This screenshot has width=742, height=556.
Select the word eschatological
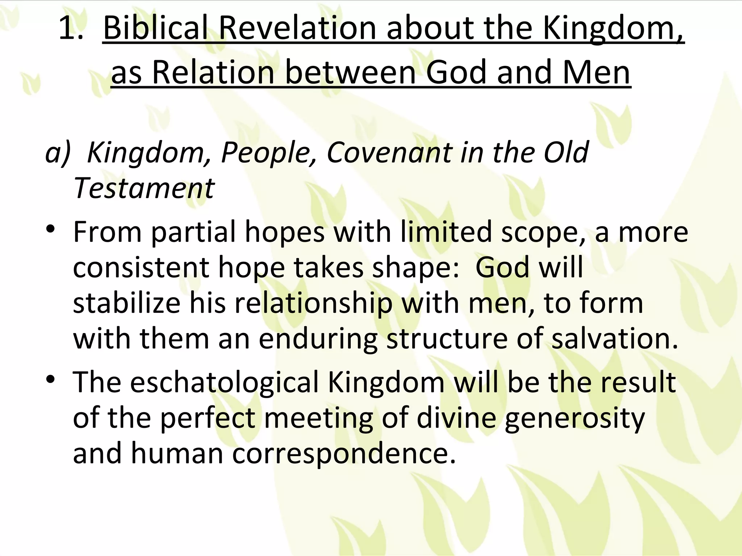pyautogui.click(x=224, y=382)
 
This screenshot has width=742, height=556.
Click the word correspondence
pyautogui.click(x=343, y=454)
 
